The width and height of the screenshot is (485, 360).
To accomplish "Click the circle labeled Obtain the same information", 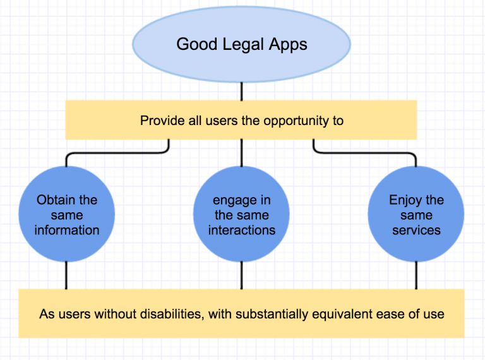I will pos(66,215).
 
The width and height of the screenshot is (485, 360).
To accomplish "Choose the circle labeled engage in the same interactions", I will pos(241,215).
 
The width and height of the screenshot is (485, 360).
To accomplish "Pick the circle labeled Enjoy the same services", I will pos(416,215).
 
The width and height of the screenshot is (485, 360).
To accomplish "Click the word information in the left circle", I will pos(66,230).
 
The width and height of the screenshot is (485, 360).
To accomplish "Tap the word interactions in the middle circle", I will pos(241,230).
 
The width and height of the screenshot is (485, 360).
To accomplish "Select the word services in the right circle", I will pos(416,230).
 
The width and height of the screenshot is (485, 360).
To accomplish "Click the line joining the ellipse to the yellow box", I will pos(241,92).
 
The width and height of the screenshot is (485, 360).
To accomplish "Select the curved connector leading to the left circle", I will pos(114,153).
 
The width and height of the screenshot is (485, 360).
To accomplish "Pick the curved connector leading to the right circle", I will pos(366,153).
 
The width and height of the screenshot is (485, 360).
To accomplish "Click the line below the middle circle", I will pos(241,276).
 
